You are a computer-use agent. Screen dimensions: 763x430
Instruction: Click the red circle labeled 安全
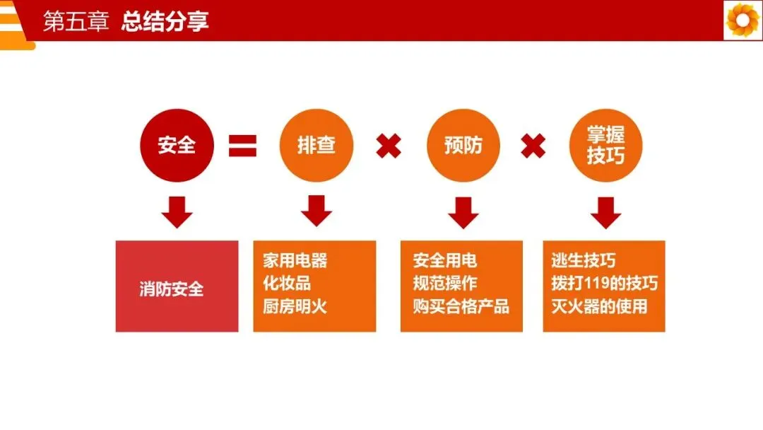coord(177,146)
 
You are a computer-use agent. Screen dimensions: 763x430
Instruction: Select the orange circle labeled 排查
coord(316,146)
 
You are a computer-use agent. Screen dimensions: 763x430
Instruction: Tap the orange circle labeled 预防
coord(463,146)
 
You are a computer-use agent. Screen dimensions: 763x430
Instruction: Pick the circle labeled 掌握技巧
coord(605,146)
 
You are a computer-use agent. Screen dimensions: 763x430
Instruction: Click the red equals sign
coord(242,146)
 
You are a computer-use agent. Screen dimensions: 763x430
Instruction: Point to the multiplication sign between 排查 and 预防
coord(388,146)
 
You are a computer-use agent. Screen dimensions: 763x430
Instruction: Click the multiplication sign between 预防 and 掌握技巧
coord(533,146)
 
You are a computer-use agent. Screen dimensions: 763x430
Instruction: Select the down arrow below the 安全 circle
coord(177,212)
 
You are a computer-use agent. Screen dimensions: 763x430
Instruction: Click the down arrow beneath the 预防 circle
coord(463,212)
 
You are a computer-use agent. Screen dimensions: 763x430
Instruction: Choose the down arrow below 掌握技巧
coord(605,212)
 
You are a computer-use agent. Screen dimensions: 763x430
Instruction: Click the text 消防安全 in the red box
coord(171,289)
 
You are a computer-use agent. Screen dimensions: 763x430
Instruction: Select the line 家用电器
coord(295,260)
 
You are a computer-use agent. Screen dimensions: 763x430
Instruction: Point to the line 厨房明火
coord(295,307)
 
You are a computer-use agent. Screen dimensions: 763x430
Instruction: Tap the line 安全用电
coord(445,260)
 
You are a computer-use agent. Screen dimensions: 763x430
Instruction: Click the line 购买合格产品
coord(461,307)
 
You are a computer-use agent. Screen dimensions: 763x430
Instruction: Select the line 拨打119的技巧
coord(604,284)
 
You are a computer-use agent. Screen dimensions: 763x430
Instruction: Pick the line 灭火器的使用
coord(599,307)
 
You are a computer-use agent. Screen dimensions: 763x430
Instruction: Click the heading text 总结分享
coord(165,22)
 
